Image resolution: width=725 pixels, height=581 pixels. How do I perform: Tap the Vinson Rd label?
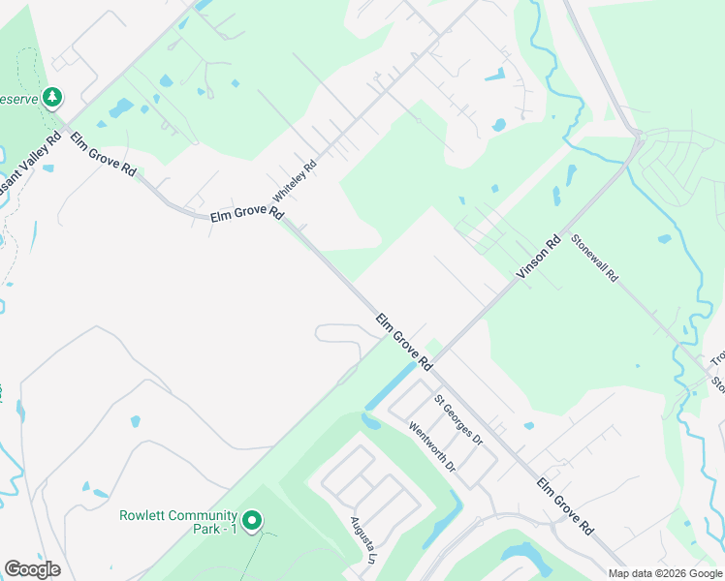[x=539, y=259]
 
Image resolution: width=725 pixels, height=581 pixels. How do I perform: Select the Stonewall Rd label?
[x=594, y=258]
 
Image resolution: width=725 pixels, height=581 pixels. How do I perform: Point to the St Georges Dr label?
[x=457, y=419]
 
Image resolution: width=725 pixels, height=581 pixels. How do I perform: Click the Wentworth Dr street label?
[x=432, y=446]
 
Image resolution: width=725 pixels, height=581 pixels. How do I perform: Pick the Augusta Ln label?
[x=362, y=538]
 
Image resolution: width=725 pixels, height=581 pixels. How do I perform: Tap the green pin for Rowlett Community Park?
[x=252, y=522]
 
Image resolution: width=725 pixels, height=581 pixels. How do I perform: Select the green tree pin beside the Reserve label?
[x=52, y=97]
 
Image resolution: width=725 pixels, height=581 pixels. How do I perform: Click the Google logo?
[x=32, y=569]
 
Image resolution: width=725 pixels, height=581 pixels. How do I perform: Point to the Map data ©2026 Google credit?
[x=665, y=573]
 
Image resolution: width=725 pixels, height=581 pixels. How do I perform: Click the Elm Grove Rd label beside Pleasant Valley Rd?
[x=103, y=154]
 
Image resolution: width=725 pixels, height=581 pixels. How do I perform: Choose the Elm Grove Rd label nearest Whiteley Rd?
[x=246, y=214]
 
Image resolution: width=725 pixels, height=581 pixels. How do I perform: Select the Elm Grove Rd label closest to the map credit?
[x=565, y=506]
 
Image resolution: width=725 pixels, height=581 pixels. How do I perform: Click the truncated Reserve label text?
[x=18, y=99]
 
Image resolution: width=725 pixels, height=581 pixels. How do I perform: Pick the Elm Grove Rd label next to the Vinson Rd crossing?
[x=403, y=341]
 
